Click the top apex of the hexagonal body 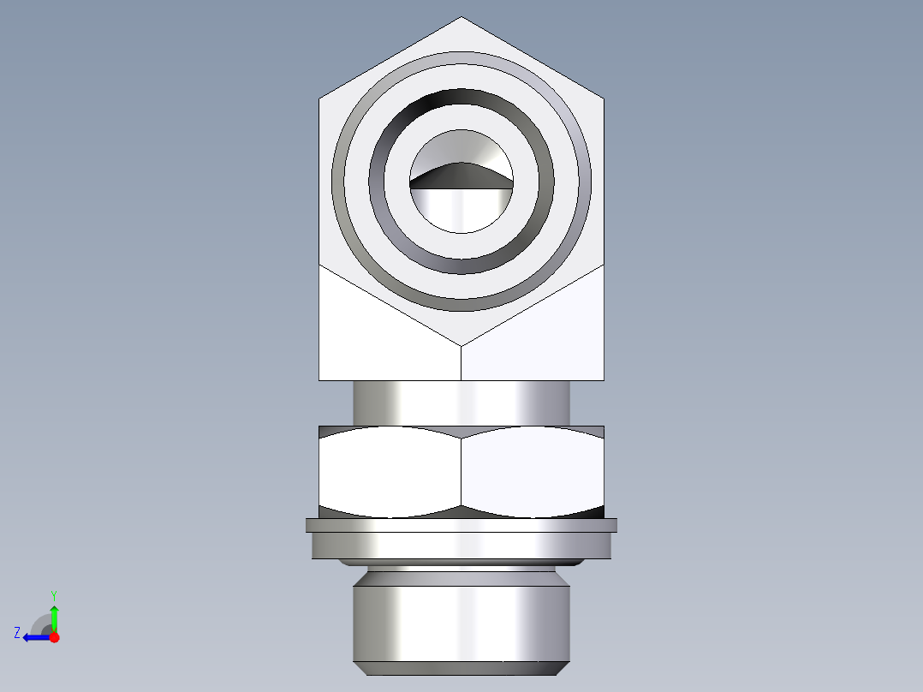(461, 19)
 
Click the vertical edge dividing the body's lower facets (461, 363)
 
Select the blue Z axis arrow (34, 637)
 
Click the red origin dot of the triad (54, 637)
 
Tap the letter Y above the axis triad (53, 595)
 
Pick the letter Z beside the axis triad (17, 633)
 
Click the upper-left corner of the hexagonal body (320, 98)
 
